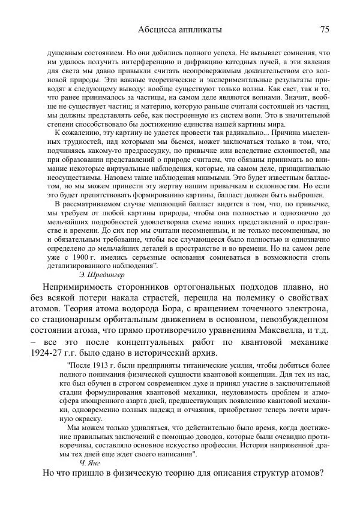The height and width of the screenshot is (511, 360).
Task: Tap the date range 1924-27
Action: pyautogui.click(x=63, y=353)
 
